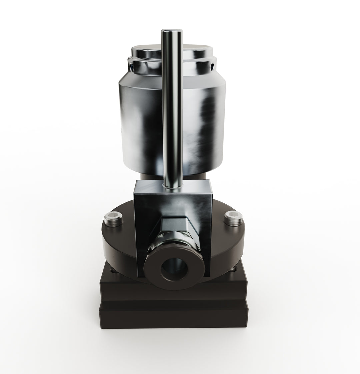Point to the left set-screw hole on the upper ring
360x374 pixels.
[x=132, y=68]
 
